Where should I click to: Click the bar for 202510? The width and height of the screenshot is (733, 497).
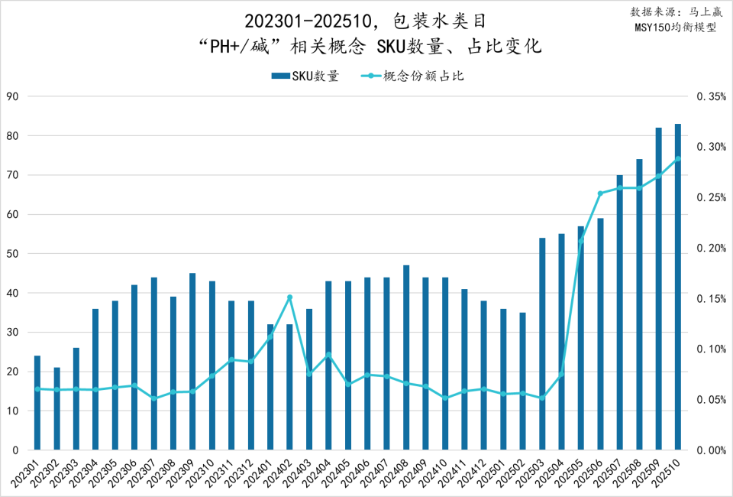click(678, 287)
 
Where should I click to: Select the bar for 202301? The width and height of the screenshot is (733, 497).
click(37, 402)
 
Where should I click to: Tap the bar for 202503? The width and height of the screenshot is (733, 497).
click(542, 343)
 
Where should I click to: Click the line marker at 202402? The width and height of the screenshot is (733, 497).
click(290, 297)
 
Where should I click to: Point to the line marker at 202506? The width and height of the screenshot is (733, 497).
click(600, 193)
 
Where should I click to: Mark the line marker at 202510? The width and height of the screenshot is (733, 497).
click(678, 159)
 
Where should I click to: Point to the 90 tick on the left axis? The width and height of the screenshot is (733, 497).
click(12, 96)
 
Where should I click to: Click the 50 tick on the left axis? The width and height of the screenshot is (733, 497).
click(12, 254)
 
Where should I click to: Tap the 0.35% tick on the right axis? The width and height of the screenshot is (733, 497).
click(710, 96)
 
